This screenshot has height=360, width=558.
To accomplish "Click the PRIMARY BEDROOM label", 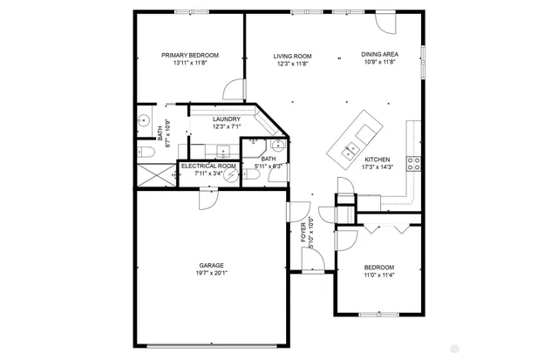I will (x=190, y=55).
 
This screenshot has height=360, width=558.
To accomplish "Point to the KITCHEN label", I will (x=378, y=159).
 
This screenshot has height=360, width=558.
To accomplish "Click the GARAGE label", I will (x=211, y=265).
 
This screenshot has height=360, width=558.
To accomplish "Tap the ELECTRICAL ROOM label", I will (x=208, y=166).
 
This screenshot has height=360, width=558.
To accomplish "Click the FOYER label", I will (x=304, y=233).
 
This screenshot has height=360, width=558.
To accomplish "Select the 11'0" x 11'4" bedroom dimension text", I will (x=379, y=275).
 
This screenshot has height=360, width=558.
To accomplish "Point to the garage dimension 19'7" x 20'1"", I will (x=211, y=273).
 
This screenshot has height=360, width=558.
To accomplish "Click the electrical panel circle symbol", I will (x=232, y=174).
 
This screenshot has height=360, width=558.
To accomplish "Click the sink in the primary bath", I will (x=144, y=121).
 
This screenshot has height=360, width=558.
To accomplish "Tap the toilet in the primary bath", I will (x=145, y=152).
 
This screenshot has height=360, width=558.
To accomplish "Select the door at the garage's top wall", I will (x=207, y=200).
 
